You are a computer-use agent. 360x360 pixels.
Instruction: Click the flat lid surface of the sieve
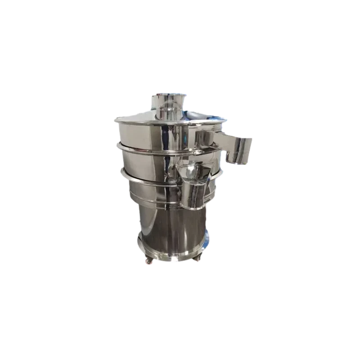148,118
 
